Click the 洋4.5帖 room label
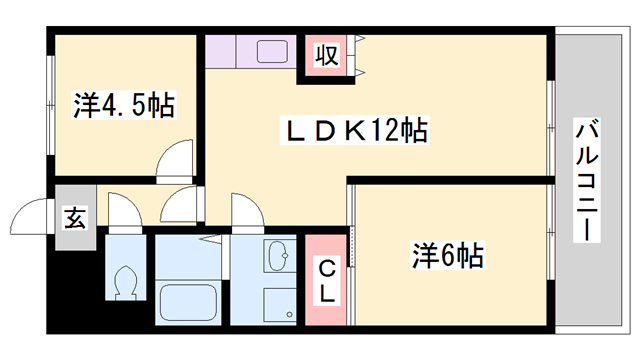coord(124,105)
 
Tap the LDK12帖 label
coord(353,130)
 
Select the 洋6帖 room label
coord(448,256)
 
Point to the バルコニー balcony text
coord(587,180)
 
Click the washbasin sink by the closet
coord(276,259)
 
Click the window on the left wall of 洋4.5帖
coord(49,105)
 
